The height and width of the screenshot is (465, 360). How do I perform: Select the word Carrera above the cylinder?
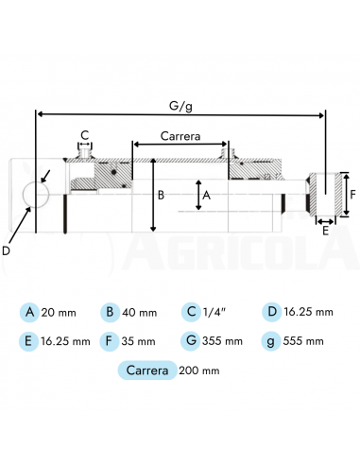click(180, 136)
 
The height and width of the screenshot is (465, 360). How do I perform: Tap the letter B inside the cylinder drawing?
click(162, 196)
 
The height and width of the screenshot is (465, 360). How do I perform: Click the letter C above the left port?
click(85, 133)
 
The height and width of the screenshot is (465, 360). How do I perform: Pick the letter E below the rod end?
click(326, 230)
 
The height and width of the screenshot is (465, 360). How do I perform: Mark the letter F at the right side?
click(352, 196)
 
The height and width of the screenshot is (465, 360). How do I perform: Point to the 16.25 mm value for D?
click(311, 312)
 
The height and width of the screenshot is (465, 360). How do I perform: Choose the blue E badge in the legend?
click(30, 340)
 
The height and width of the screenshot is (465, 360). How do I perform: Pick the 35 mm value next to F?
click(140, 340)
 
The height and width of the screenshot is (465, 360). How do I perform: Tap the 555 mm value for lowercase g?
click(306, 340)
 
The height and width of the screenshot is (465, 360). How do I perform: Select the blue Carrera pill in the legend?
click(146, 370)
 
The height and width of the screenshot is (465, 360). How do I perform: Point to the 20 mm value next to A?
click(60, 312)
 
